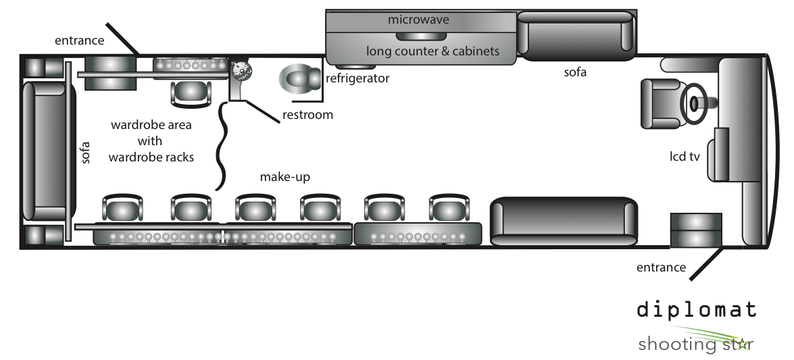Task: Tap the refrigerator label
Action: click(357, 78)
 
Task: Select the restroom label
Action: click(307, 114)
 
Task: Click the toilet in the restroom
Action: click(300, 79)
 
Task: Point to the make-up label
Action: click(284, 177)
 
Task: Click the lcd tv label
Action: click(685, 157)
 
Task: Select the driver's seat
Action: click(662, 103)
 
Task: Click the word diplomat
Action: click(697, 309)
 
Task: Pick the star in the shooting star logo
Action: click(743, 344)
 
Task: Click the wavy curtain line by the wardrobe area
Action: click(222, 147)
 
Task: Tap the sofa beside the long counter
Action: click(576, 35)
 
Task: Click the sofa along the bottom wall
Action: click(563, 222)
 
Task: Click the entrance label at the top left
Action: click(80, 41)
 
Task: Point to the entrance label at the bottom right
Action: click(661, 267)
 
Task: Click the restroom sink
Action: click(242, 71)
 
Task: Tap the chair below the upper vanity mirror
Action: click(191, 93)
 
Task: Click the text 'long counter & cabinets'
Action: click(433, 51)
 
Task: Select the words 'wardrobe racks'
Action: click(151, 157)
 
